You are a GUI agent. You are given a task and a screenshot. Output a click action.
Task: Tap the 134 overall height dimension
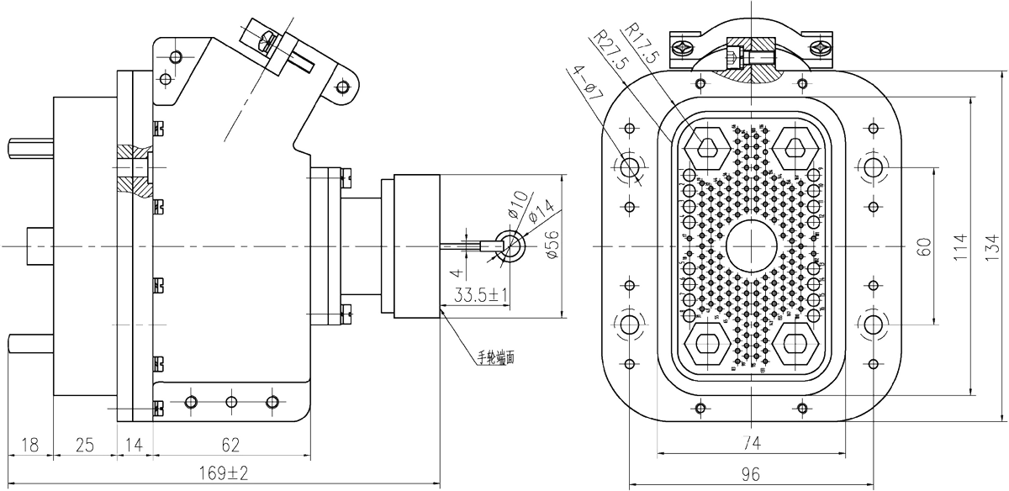[x=994, y=247]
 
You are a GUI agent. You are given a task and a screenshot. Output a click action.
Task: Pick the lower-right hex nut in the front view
[x=795, y=341]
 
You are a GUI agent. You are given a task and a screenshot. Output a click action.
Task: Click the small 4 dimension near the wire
[x=455, y=271]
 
